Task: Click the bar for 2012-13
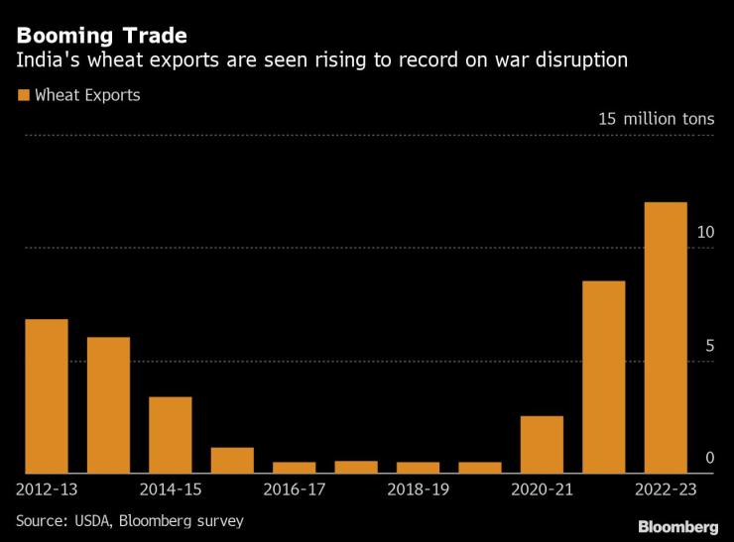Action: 47,396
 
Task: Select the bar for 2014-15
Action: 171,435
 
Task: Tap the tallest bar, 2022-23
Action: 666,338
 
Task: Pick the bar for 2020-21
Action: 542,445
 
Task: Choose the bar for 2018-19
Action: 418,468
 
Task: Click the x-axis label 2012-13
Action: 47,489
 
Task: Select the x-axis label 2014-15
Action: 171,489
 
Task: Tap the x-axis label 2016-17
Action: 295,489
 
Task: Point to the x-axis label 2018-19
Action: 418,489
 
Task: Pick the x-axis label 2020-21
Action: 542,489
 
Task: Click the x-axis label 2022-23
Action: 666,489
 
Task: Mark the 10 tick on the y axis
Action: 705,232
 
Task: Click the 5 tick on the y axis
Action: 709,346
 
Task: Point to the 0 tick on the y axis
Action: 709,458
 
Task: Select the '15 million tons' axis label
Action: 655,119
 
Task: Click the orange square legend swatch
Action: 22,96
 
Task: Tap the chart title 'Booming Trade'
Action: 101,37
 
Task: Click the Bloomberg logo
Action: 677,526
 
